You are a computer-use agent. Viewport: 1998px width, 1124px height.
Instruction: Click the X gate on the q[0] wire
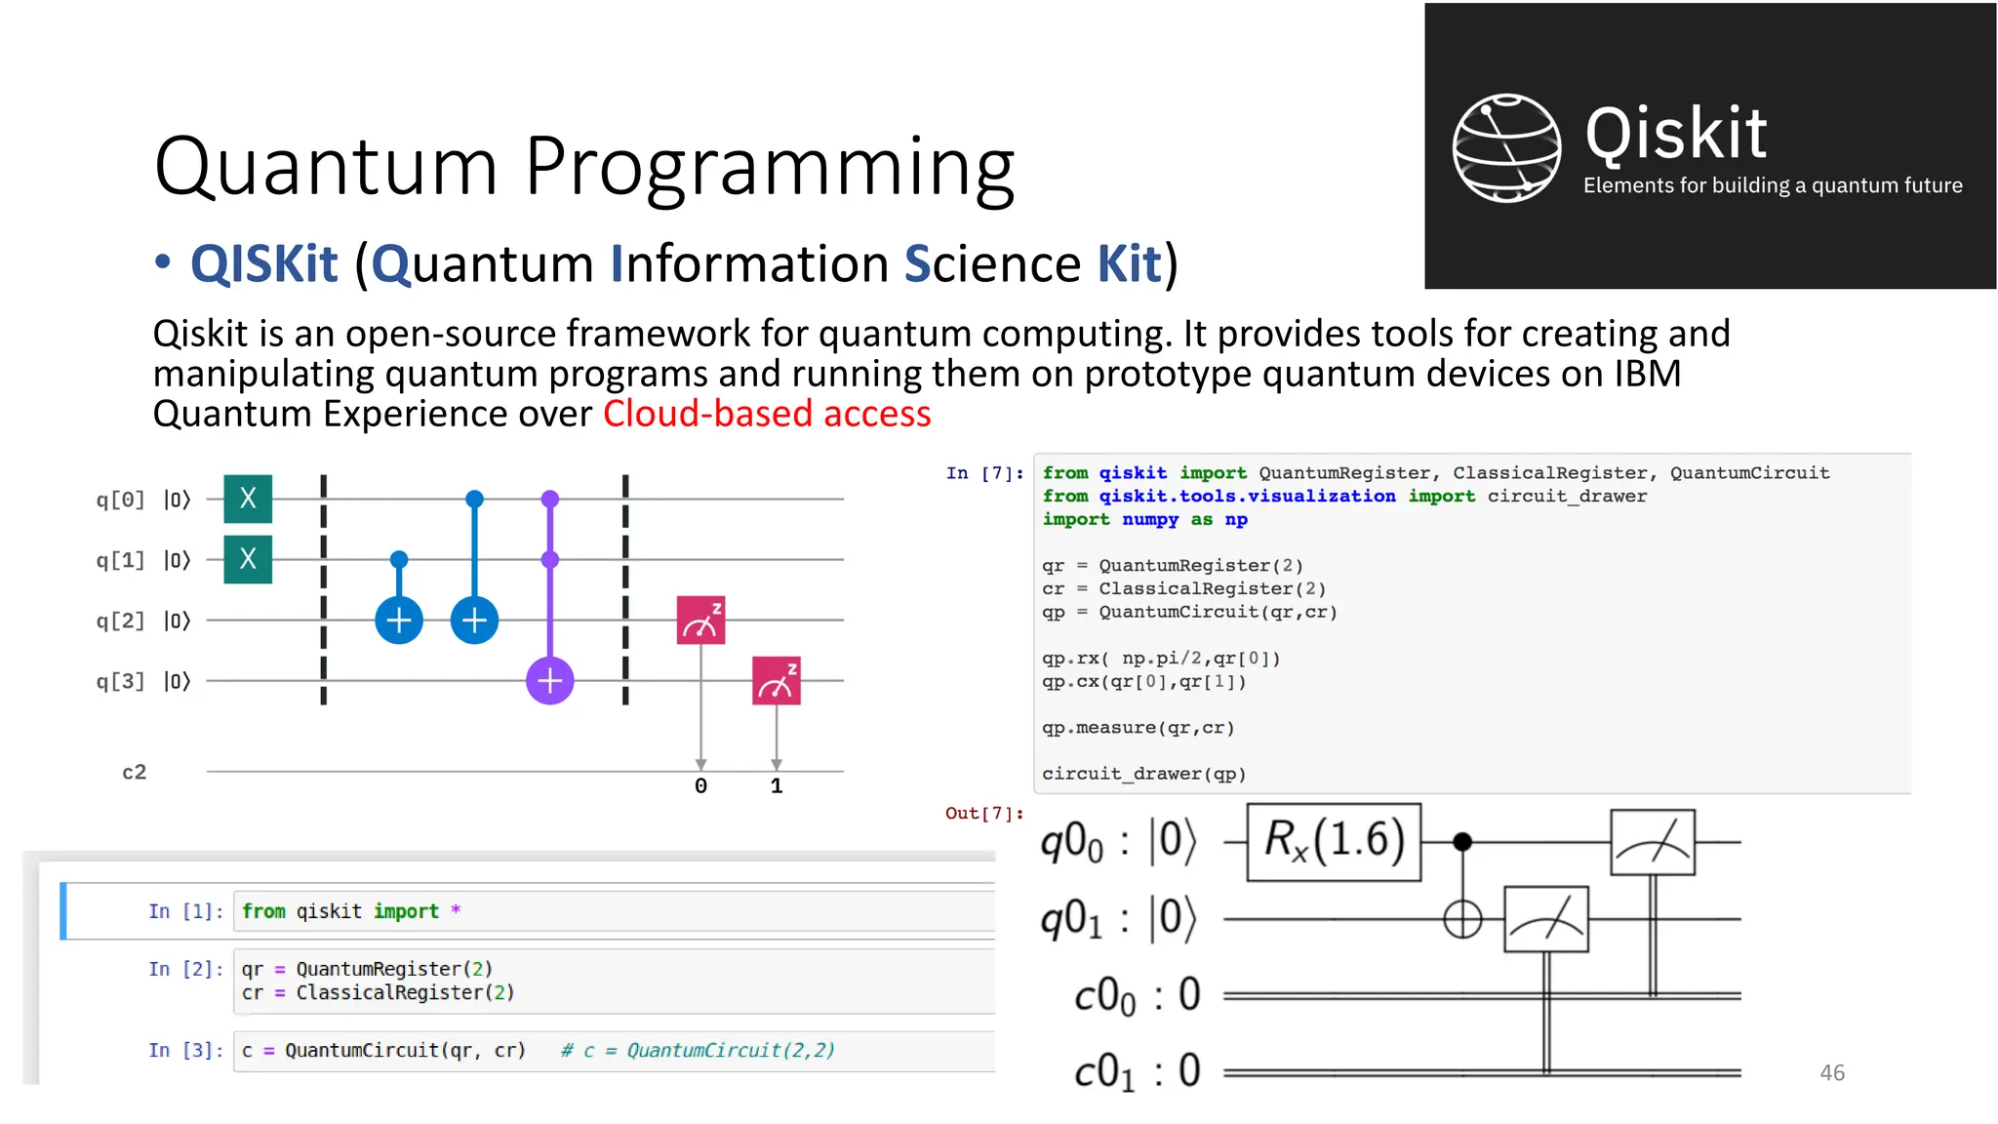[x=248, y=500]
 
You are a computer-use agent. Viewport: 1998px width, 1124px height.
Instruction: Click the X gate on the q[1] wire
[x=248, y=559]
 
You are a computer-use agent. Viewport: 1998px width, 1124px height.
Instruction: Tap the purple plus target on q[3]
[x=550, y=680]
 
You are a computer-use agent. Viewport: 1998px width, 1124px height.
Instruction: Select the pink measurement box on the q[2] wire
[x=700, y=621]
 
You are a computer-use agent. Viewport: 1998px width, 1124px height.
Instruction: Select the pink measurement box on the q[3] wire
[x=777, y=680]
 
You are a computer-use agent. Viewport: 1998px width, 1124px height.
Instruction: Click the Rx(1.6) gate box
[x=1334, y=841]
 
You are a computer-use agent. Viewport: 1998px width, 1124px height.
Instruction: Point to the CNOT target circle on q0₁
[x=1462, y=919]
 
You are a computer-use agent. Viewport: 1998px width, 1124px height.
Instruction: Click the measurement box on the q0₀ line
[x=1653, y=842]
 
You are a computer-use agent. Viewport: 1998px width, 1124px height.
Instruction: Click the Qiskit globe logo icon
[x=1506, y=148]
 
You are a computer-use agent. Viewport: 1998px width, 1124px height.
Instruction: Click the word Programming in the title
[x=770, y=167]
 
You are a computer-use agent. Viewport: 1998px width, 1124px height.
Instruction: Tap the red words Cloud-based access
[x=767, y=414]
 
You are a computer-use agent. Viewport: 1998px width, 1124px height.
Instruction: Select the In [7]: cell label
[x=984, y=473]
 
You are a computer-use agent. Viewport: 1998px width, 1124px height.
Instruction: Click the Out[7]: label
[x=984, y=813]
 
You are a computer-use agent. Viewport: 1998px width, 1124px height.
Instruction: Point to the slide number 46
[x=1832, y=1072]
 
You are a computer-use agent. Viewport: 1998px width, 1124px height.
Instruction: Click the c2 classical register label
[x=135, y=772]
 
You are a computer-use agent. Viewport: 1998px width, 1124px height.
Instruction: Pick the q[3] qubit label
[x=120, y=681]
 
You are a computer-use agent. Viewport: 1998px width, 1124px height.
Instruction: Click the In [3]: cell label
[x=185, y=1050]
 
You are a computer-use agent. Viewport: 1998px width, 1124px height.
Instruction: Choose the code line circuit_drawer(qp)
[x=1143, y=774]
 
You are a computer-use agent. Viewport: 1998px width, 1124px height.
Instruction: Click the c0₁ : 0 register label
[x=1138, y=1072]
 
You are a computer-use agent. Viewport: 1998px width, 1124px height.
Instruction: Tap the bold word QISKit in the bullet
[x=264, y=264]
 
